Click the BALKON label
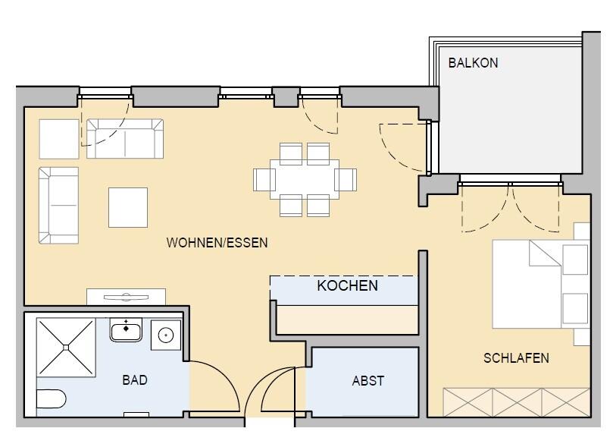(473, 63)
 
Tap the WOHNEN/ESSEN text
(217, 243)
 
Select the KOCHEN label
(347, 286)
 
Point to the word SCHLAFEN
(516, 358)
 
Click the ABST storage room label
(368, 381)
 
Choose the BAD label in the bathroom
(135, 380)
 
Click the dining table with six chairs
(305, 179)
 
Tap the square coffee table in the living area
(127, 207)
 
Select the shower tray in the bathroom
(66, 347)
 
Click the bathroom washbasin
(126, 331)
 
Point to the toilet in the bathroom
(52, 398)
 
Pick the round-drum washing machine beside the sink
(164, 335)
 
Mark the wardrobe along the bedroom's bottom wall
(516, 401)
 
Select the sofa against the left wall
(59, 205)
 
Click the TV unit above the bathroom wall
(127, 297)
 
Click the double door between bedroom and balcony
(511, 206)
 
